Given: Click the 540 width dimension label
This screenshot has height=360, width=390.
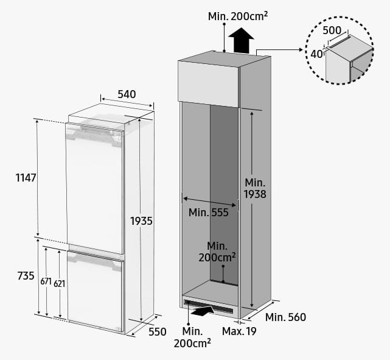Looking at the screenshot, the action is [x=127, y=94].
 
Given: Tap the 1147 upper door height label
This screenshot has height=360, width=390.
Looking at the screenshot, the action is [x=26, y=178].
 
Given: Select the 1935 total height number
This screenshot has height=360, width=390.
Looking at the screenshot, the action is [x=141, y=221].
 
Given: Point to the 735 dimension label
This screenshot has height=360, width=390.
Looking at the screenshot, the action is [x=26, y=276].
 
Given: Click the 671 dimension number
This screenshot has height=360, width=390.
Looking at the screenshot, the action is [x=46, y=281].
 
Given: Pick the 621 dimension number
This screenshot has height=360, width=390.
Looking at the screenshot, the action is [x=60, y=284].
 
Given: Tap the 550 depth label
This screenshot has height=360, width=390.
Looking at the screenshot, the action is [x=158, y=332].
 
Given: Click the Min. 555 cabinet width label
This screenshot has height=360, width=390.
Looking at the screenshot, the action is [x=209, y=213].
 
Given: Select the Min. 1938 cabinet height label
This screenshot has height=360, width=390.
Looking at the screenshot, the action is [x=255, y=188].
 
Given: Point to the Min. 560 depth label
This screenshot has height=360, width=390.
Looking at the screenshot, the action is [x=285, y=317].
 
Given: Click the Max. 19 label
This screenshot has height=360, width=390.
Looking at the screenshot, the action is [x=239, y=331].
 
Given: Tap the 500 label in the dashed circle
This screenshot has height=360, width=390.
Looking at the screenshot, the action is [x=332, y=30].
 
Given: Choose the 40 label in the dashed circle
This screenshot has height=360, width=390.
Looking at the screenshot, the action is [x=316, y=54].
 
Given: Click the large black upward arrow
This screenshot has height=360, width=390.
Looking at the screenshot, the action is [x=241, y=40].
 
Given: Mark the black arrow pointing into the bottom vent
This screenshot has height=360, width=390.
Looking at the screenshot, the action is [x=203, y=311].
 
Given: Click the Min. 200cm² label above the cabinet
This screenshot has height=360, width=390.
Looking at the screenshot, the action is [x=238, y=16].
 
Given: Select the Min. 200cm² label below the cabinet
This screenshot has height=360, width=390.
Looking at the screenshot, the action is [x=192, y=337].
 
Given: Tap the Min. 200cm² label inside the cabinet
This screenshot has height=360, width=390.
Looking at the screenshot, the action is [x=217, y=252].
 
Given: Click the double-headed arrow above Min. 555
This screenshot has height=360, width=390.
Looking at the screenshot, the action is [x=209, y=202].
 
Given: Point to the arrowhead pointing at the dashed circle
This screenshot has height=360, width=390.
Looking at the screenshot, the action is [x=301, y=50].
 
